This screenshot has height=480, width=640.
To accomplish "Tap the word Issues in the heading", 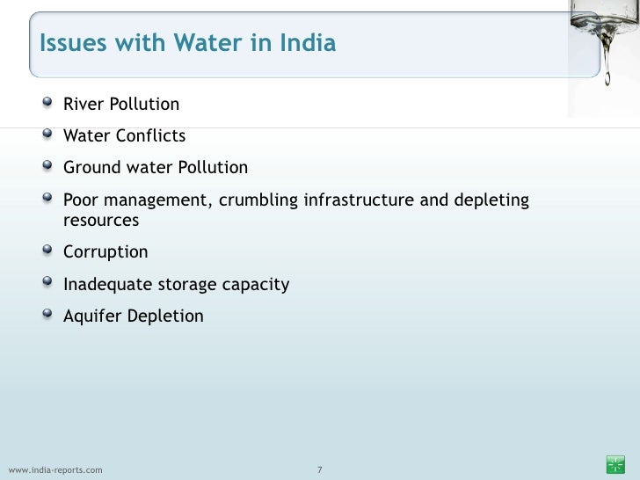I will click(73, 43).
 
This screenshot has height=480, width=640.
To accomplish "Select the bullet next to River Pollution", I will click(47, 105).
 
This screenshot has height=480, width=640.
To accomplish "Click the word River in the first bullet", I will click(82, 105).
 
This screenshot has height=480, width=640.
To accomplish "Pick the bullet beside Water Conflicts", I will click(47, 135).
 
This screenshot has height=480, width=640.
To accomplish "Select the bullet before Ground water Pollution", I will click(47, 167).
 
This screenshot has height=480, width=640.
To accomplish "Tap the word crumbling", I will click(258, 200).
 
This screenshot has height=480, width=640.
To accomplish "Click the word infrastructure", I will click(358, 200).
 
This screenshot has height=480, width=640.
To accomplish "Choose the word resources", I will click(101, 221).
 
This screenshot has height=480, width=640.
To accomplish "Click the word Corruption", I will click(105, 253).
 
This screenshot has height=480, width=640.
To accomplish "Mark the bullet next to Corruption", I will click(47, 252).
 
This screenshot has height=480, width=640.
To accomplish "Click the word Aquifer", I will click(92, 316).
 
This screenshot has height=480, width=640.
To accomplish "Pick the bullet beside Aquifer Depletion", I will click(47, 315).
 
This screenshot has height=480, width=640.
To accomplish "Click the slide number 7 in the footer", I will click(320, 469).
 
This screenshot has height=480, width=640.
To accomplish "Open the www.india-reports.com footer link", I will click(55, 469).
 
